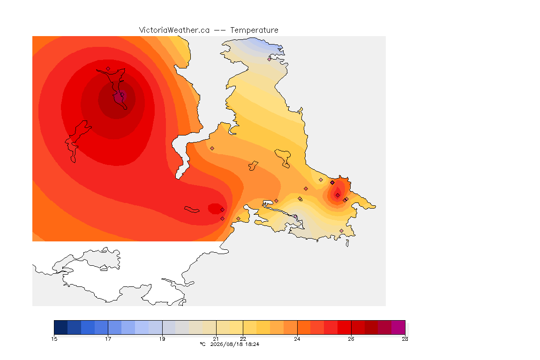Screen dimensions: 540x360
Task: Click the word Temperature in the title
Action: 254,30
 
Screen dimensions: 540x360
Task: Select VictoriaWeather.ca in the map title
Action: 174,30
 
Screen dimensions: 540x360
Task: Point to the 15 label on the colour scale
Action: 54,339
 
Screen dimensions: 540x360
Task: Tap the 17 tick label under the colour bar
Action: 108,339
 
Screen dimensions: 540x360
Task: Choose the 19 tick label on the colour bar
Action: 162,339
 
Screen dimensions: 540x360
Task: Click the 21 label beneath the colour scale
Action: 216,339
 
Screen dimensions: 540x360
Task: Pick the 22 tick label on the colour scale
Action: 243,339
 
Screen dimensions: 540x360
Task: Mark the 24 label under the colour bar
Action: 297,339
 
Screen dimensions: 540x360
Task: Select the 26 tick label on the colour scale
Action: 351,339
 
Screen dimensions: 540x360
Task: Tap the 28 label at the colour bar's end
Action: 405,339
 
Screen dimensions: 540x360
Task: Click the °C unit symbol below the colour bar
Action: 202,344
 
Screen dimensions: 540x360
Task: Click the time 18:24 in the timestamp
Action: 252,344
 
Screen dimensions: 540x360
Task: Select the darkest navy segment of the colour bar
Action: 60,327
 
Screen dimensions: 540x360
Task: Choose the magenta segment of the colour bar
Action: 398,327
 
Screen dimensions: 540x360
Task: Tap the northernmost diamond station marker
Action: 270,59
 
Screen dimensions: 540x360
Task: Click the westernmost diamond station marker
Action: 108,69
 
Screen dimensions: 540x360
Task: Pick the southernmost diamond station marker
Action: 341,231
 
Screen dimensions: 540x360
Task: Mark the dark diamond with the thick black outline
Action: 332,183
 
